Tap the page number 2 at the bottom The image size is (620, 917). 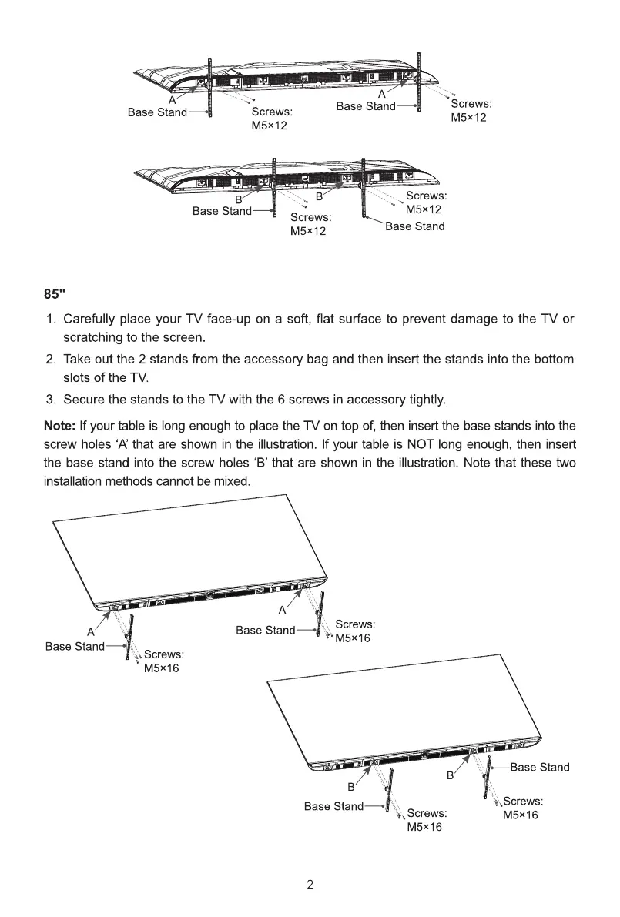[310, 885]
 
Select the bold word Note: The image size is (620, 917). [59, 425]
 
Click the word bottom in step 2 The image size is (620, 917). [552, 360]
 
